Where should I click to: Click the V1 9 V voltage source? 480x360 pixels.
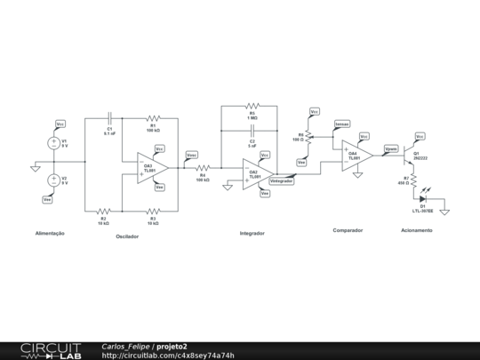(52, 142)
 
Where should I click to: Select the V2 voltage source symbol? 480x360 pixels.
(52, 180)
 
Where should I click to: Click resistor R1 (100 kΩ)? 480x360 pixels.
(152, 116)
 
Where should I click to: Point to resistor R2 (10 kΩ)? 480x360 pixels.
(103, 211)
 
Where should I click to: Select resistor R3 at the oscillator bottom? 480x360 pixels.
(152, 211)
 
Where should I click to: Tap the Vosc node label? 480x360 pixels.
(192, 155)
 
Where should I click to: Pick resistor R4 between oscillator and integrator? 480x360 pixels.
(203, 166)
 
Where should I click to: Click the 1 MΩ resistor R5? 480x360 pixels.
(252, 107)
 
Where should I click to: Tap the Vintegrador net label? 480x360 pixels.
(282, 180)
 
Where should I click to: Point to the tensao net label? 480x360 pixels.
(341, 124)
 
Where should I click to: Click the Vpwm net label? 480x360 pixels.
(391, 148)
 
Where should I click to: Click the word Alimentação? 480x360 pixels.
(50, 233)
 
